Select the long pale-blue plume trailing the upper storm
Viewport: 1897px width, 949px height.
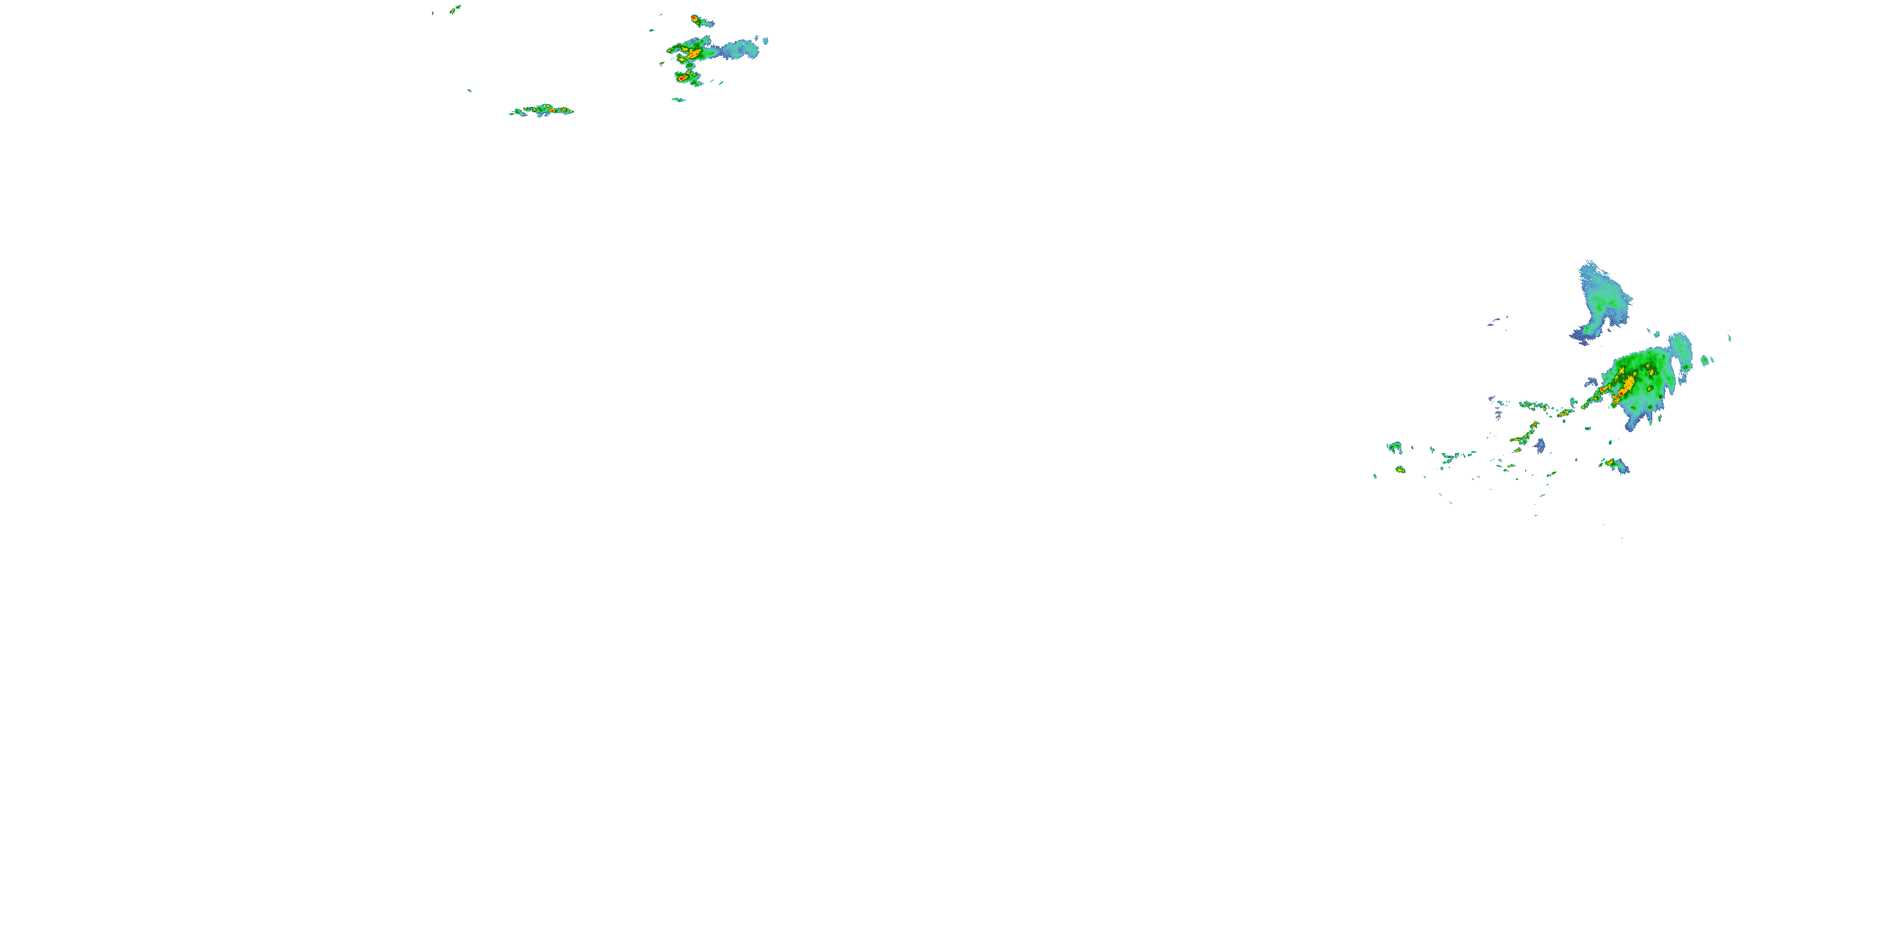(x=739, y=49)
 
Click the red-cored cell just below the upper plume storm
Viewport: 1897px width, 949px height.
(x=686, y=76)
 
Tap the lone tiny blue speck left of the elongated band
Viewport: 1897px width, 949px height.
(x=469, y=90)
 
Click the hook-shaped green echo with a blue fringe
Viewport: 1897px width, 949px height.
(x=1394, y=447)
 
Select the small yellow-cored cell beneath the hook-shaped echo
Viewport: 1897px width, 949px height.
(x=1400, y=469)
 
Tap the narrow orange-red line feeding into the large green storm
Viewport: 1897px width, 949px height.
(x=1591, y=402)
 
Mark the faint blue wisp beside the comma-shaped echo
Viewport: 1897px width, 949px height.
(x=1495, y=321)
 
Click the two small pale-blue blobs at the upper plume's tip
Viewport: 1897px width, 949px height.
(x=764, y=40)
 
